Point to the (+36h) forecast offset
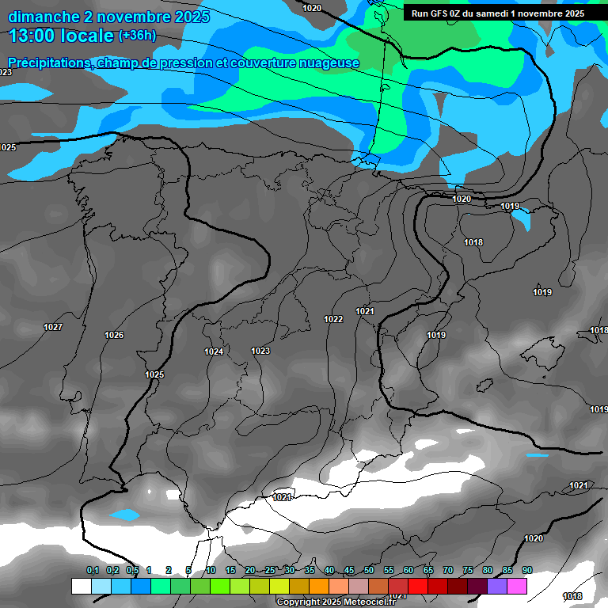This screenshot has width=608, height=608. [138, 36]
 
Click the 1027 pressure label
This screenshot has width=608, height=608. [53, 327]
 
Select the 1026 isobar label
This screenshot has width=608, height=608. [114, 335]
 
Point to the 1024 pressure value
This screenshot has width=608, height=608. [214, 351]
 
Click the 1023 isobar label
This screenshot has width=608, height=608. [260, 351]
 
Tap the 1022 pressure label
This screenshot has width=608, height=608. [333, 319]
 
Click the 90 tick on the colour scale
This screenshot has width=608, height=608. [527, 570]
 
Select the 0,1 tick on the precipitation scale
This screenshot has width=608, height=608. [93, 570]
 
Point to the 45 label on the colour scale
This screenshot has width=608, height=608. [349, 570]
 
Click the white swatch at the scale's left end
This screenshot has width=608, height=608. [81, 586]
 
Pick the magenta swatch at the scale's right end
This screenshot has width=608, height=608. [517, 586]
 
